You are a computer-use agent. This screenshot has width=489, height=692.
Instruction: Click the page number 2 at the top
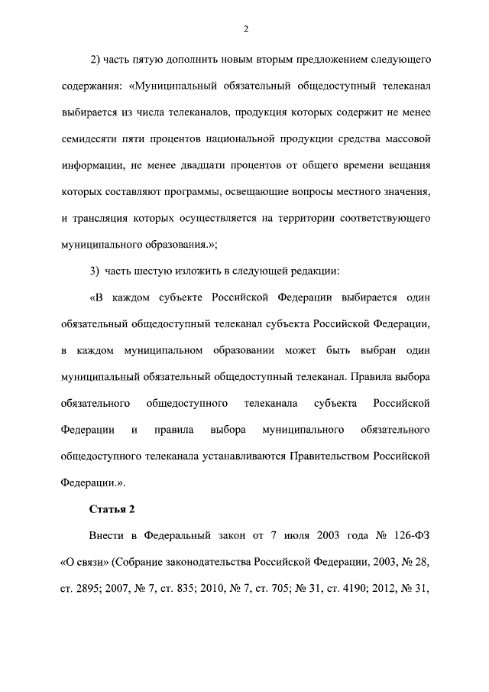tap(244, 29)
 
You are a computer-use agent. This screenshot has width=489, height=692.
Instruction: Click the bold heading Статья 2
tap(113, 509)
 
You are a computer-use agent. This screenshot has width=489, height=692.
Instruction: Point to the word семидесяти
tap(87, 138)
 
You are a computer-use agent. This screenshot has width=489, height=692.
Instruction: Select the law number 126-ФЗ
tap(405, 536)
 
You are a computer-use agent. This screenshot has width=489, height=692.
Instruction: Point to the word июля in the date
tap(306, 536)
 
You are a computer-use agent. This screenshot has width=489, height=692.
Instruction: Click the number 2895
tap(88, 590)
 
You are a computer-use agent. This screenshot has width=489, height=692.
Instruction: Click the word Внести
tap(107, 536)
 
